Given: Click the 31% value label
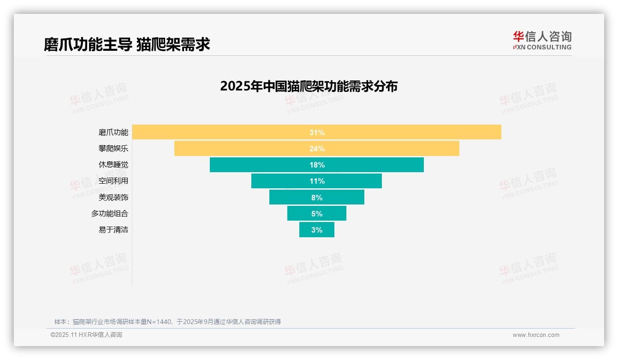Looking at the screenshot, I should (317, 132).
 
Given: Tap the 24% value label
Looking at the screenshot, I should (317, 149).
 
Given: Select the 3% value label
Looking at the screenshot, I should (317, 230).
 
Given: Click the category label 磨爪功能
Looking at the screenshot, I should (113, 132).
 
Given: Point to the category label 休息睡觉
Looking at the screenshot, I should (113, 165).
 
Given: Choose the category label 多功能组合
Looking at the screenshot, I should (110, 214).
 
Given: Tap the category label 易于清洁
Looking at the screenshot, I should (113, 230).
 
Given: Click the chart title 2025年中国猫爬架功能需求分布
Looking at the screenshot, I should (309, 86).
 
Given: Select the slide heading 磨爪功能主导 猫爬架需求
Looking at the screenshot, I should (127, 44).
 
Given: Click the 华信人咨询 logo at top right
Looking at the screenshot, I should (542, 41).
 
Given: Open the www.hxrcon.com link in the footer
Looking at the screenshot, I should (536, 335).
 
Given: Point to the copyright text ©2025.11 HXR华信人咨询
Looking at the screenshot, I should (86, 335).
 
